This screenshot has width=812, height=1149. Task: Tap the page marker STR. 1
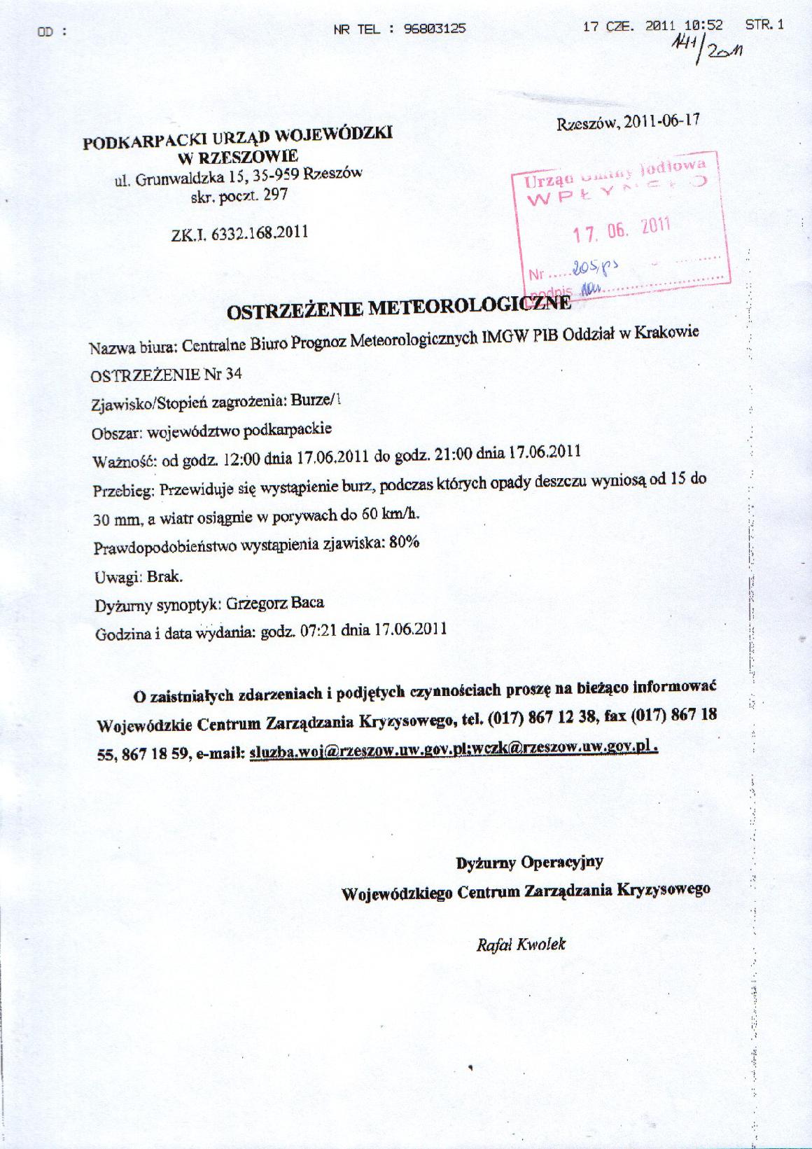click(x=764, y=25)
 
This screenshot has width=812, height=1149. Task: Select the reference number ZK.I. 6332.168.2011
click(x=239, y=233)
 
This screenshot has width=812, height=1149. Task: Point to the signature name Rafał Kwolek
click(x=520, y=945)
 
